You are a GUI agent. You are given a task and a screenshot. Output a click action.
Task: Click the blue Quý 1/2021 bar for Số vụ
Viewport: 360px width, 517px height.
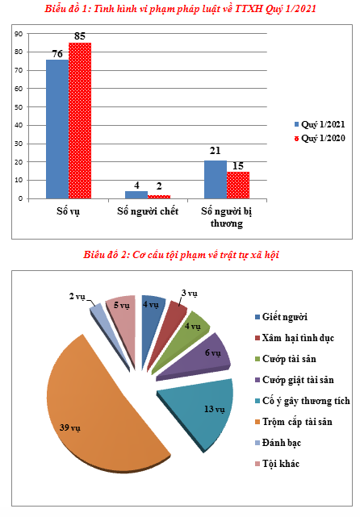point(57,129)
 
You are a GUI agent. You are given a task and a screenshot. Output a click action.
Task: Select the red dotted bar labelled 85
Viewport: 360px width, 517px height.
point(80,121)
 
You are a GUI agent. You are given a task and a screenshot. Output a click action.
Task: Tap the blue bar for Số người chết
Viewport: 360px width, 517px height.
point(136,195)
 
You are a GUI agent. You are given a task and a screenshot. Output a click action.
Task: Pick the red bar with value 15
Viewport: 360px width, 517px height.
point(238,185)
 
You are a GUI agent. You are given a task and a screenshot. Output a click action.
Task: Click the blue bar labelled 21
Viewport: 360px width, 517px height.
point(216,179)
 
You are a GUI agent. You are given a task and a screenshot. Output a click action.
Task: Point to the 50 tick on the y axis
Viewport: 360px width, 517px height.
point(20,107)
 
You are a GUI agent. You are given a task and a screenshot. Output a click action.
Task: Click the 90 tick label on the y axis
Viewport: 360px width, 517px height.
point(19,34)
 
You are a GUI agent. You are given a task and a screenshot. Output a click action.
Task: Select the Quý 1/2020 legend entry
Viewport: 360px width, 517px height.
point(320,138)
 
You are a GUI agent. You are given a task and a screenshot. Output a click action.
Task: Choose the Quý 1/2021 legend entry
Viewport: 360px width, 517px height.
point(320,124)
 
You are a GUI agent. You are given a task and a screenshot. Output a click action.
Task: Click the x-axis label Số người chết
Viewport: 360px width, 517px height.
point(148,211)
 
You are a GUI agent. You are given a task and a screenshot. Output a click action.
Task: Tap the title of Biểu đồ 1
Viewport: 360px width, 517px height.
point(180,9)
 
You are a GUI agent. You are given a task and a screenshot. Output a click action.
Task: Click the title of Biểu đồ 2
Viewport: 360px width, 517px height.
point(181,255)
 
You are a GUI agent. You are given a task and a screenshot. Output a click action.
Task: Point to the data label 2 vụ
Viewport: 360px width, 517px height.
point(77,297)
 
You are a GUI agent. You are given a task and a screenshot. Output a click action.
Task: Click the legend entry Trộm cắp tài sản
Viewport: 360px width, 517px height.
point(294,422)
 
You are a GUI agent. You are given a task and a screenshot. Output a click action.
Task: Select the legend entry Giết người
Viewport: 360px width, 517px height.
point(281,317)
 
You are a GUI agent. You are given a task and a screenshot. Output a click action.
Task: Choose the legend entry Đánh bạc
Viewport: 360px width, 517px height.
point(278,443)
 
